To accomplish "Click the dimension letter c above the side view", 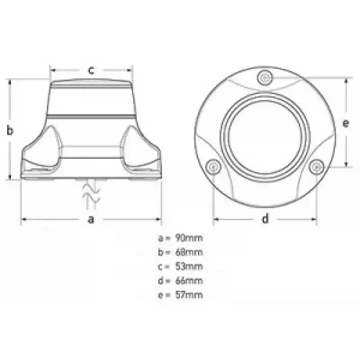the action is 91,70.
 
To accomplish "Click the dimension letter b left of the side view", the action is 10,130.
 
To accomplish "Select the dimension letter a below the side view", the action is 91,219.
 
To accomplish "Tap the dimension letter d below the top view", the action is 265,218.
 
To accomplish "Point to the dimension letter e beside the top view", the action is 346,123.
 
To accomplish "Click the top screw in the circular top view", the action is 265,78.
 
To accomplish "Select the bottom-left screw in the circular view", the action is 213,166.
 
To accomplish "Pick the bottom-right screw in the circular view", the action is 316,166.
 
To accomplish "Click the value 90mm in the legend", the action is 189,238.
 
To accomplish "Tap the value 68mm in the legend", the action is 189,252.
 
